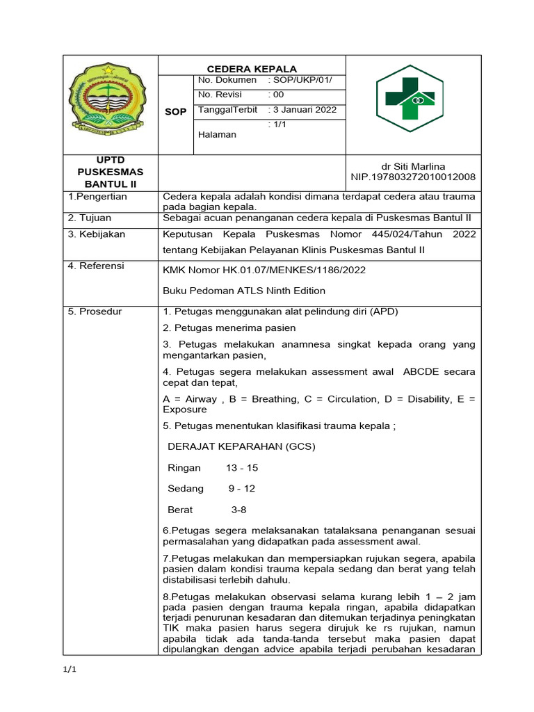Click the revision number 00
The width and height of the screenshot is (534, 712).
278,95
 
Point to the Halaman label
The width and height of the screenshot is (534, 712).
217,134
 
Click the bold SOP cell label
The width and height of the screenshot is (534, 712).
175,112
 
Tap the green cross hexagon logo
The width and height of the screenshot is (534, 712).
414,103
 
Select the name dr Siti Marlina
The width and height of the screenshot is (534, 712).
413,166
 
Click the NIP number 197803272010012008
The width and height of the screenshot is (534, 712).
413,177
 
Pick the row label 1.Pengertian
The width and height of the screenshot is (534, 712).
93,197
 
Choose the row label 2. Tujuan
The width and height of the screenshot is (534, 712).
90,217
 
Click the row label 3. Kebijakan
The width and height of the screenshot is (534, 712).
97,234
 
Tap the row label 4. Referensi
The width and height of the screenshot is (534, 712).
96,266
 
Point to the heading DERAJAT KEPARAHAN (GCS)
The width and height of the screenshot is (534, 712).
241,446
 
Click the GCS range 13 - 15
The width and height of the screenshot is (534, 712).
241,468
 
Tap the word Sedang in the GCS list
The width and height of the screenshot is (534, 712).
186,489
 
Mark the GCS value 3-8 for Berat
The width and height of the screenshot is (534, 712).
238,510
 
